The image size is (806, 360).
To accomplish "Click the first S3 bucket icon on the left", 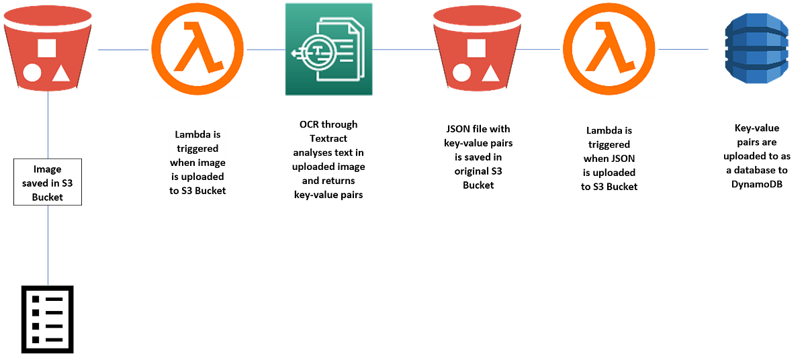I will point(47,50).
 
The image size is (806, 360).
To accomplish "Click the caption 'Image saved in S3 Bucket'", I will point(48,181).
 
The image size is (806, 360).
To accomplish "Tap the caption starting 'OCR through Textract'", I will point(328,168).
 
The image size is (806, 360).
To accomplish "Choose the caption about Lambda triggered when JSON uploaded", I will point(609,159).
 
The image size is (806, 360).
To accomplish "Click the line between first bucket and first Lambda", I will point(122,49).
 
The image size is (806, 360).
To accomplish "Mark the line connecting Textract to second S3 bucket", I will point(402,50).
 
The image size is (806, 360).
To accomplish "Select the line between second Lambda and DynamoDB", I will point(685,49).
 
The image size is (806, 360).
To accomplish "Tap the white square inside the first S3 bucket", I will point(46,48).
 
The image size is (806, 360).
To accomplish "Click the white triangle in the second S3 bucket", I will point(491,72).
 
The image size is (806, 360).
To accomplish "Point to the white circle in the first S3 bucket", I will point(32,73).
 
